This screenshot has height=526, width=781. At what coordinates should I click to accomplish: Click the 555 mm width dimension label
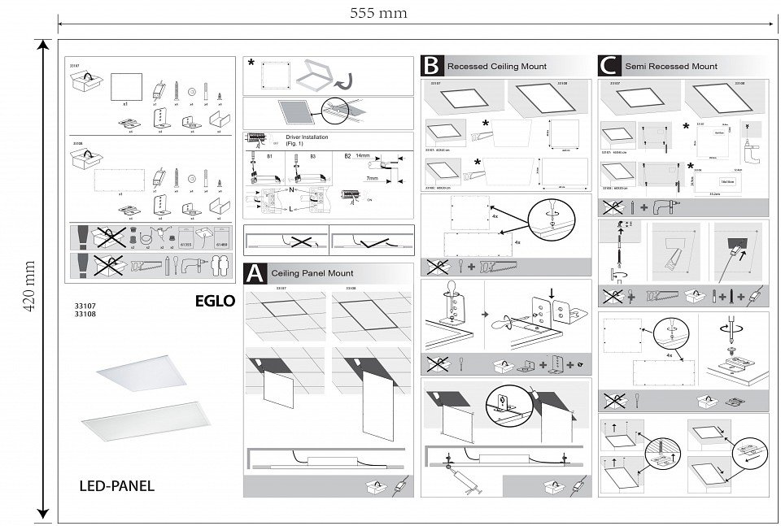click(x=378, y=13)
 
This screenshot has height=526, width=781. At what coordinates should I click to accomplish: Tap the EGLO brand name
click(x=215, y=301)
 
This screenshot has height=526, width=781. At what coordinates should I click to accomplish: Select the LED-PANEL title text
click(x=117, y=487)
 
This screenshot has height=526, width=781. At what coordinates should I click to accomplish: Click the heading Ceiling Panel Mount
click(x=312, y=274)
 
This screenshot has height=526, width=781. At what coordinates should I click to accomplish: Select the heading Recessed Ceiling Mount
click(x=497, y=67)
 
